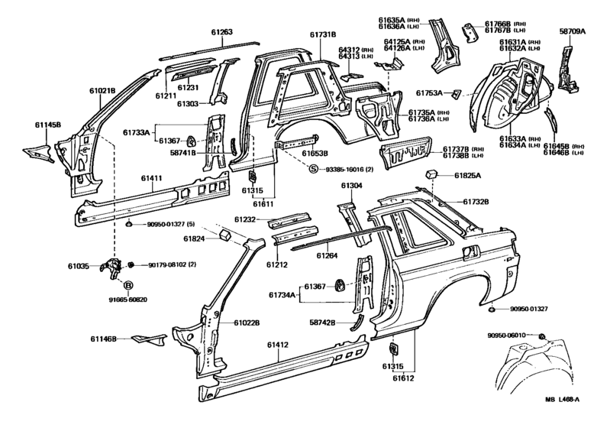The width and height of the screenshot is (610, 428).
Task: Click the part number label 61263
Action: tap(222, 32)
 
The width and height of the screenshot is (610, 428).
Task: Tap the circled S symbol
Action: tap(314, 170)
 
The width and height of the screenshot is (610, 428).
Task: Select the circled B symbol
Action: tap(128, 286)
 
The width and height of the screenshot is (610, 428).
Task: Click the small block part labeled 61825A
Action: tap(432, 173)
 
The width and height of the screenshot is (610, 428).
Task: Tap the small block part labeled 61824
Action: tap(225, 235)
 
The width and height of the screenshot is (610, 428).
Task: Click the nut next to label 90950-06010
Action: tap(541, 336)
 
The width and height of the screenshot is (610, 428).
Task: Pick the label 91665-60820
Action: tap(128, 300)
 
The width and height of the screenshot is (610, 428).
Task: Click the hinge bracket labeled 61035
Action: tap(111, 267)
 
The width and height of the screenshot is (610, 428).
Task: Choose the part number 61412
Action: tap(278, 345)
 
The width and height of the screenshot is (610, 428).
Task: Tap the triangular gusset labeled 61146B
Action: tap(149, 339)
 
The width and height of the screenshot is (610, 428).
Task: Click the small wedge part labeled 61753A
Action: tap(456, 93)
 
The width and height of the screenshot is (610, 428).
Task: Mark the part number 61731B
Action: tap(323, 34)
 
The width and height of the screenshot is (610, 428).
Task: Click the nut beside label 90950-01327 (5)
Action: tap(130, 224)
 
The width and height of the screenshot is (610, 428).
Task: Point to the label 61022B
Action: tap(247, 323)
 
